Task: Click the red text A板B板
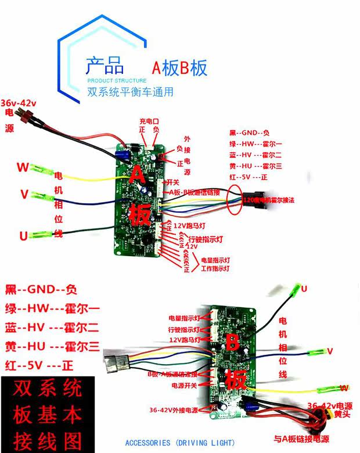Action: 179,68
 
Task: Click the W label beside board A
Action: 22,168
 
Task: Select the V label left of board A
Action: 24,195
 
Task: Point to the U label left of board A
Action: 23,236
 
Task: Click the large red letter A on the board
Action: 137,174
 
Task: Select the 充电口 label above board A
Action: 149,121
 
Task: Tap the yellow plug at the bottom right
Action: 318,418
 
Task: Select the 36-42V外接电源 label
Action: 174,410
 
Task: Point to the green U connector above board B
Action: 297,288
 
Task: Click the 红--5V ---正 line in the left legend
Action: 39,366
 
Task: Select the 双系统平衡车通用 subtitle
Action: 130,92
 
